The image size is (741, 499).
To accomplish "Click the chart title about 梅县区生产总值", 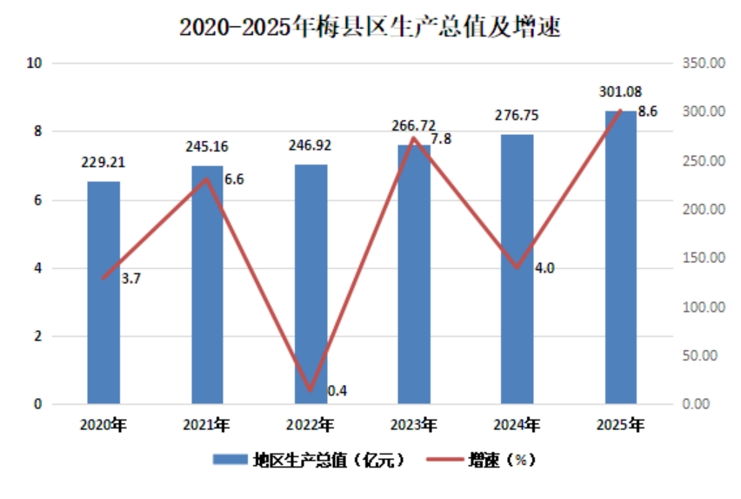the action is [x=370, y=26].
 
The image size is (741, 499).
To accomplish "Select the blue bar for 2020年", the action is [x=103, y=293].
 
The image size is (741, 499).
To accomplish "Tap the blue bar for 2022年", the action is [x=311, y=284].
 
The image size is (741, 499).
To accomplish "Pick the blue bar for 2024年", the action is [x=517, y=269].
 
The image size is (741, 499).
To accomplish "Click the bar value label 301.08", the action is [x=620, y=91].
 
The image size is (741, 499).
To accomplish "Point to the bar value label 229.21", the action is [x=103, y=162].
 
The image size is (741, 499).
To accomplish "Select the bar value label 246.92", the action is [x=310, y=145].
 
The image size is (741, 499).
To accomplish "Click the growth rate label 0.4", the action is [x=337, y=391].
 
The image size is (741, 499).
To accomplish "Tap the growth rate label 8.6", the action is [x=647, y=111].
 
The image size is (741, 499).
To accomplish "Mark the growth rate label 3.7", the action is [x=131, y=279].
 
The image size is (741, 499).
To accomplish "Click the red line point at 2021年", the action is [x=206, y=179].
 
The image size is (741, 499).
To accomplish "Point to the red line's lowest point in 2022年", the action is [x=310, y=390].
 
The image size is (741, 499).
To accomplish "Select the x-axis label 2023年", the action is [x=413, y=425].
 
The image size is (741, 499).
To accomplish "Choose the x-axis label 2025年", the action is [x=620, y=425].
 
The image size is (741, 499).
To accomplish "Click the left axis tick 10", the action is [x=34, y=63].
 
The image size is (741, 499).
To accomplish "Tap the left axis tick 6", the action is [x=37, y=200].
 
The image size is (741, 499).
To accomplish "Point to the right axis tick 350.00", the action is [x=704, y=63].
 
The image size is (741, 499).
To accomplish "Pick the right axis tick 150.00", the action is [x=704, y=258].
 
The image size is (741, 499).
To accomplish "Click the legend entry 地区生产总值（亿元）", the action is [x=309, y=460].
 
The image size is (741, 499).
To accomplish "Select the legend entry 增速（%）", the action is [x=481, y=460].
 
